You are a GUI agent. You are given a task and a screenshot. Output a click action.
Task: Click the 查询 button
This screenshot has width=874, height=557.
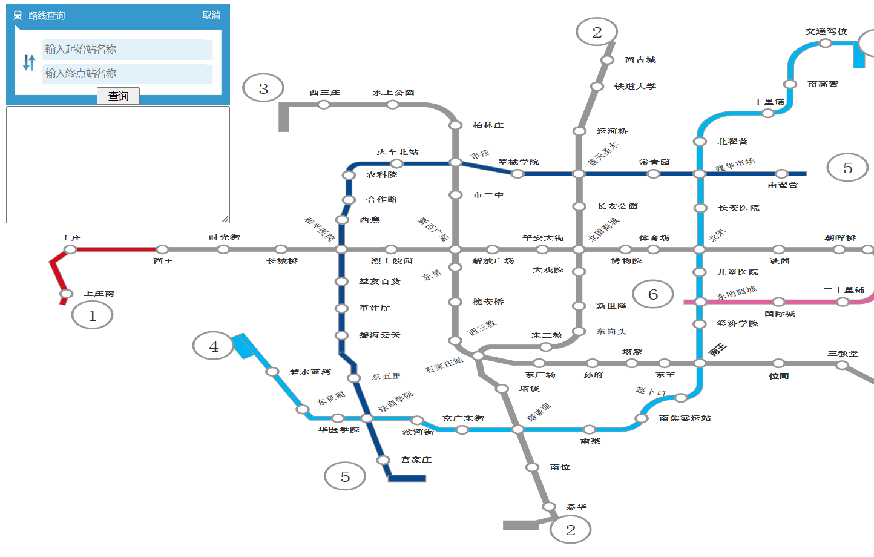[118, 96]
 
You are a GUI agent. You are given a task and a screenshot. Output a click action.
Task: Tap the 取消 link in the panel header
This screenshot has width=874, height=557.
[211, 15]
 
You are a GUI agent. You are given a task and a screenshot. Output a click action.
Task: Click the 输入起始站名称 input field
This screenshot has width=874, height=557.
[127, 49]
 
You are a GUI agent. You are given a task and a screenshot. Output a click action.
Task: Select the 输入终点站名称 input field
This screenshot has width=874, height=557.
[127, 73]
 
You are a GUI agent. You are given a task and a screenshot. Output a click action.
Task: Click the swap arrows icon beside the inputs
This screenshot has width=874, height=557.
[28, 62]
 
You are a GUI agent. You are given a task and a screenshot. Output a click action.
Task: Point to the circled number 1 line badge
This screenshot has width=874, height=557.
[92, 315]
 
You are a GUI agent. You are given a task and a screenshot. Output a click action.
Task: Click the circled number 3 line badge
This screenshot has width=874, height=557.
[263, 88]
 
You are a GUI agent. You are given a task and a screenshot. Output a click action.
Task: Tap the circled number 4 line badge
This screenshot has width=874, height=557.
[213, 347]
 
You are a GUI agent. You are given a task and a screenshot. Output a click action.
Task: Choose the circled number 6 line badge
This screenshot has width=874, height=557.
[652, 295]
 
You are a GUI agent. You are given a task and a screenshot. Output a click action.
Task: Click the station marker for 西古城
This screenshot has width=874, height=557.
[607, 60]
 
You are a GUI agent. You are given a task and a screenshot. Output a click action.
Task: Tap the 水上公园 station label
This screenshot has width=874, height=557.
[393, 93]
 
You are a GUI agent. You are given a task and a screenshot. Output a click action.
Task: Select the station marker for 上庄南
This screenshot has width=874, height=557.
[66, 294]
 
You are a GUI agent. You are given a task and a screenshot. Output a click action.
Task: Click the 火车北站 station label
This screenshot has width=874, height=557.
[398, 152]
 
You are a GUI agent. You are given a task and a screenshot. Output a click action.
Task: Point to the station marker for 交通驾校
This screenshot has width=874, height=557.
[825, 43]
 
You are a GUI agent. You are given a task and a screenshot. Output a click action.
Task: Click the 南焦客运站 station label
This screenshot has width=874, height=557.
[685, 418]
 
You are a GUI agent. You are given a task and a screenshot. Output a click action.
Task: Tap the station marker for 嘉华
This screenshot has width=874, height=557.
[549, 507]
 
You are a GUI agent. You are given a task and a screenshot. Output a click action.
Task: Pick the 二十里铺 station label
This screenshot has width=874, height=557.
[843, 290]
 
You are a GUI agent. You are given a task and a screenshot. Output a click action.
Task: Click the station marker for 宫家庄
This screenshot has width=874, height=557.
[383, 460]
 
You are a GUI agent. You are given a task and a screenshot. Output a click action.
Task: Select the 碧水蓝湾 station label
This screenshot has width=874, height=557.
[310, 372]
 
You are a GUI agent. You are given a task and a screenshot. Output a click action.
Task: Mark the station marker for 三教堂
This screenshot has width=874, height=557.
[842, 365]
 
